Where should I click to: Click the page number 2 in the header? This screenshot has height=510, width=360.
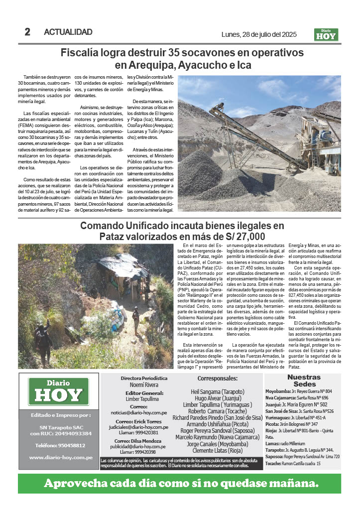coord(27,32)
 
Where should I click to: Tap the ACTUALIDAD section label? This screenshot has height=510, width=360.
coord(68,32)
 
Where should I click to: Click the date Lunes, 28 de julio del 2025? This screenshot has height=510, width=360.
coord(259,34)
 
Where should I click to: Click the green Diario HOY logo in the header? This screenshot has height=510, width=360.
coord(326,35)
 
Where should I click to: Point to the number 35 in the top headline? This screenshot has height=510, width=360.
coord(175,53)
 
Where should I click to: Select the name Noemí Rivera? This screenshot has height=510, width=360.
coord(144,385)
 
